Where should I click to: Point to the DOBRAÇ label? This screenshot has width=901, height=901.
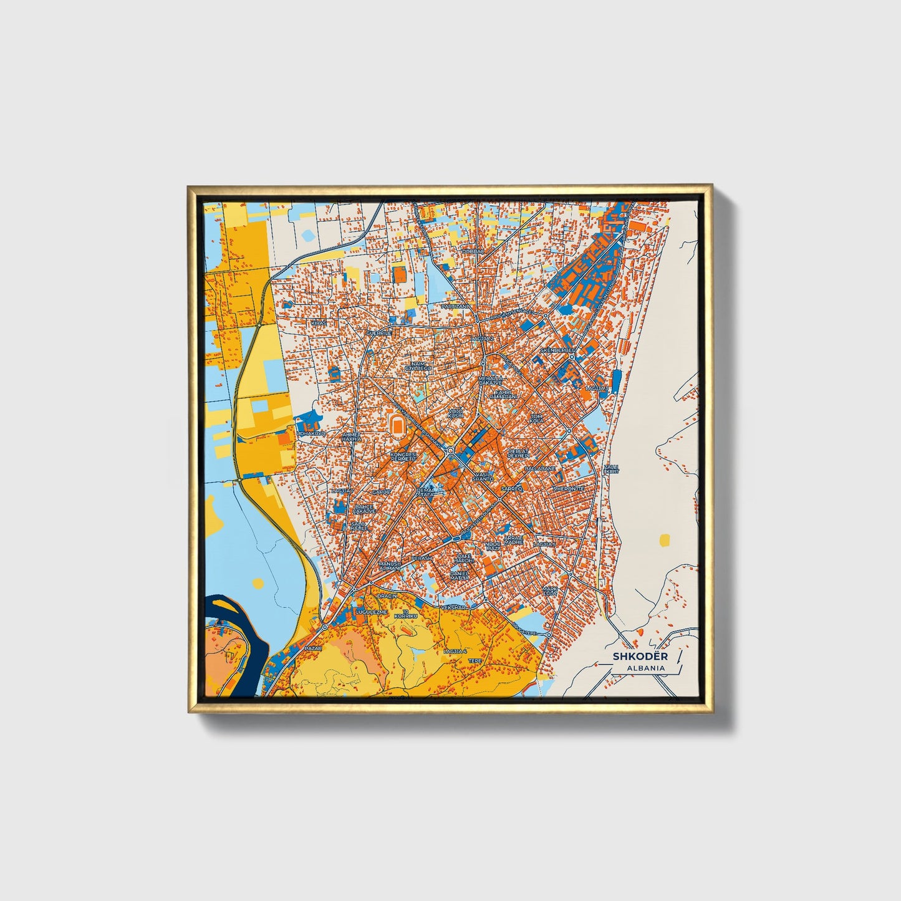coord(473,251)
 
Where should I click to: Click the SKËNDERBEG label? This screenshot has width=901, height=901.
coord(556,351)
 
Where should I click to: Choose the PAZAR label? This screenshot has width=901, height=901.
coord(312,648)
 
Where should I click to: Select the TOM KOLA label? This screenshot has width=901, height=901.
coord(536,418)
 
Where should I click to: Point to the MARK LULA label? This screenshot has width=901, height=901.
coord(549,590)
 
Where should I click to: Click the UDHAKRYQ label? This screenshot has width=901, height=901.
coord(311,432)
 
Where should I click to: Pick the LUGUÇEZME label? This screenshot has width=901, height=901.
coord(371,612)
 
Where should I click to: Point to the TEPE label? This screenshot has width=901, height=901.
coord(475,660)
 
